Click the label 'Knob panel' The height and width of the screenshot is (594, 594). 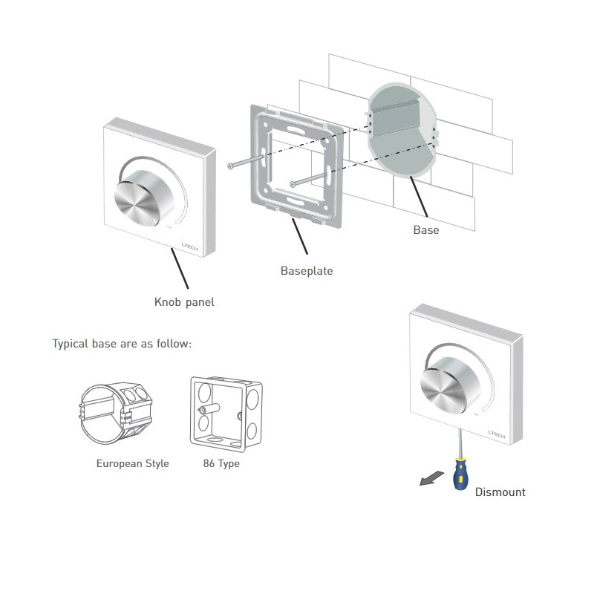tap(184, 302)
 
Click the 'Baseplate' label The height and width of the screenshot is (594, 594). tap(306, 271)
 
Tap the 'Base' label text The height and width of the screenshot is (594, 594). tap(425, 230)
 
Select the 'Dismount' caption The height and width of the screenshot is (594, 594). tap(500, 492)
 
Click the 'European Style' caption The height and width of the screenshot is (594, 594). tap(132, 463)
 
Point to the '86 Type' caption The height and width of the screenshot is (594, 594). tap(221, 463)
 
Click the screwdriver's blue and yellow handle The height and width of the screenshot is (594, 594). tap(460, 476)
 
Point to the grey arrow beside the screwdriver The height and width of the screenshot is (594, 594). tap(428, 481)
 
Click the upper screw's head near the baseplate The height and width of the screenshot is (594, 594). tap(231, 166)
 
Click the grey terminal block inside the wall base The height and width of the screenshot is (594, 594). tap(396, 120)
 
